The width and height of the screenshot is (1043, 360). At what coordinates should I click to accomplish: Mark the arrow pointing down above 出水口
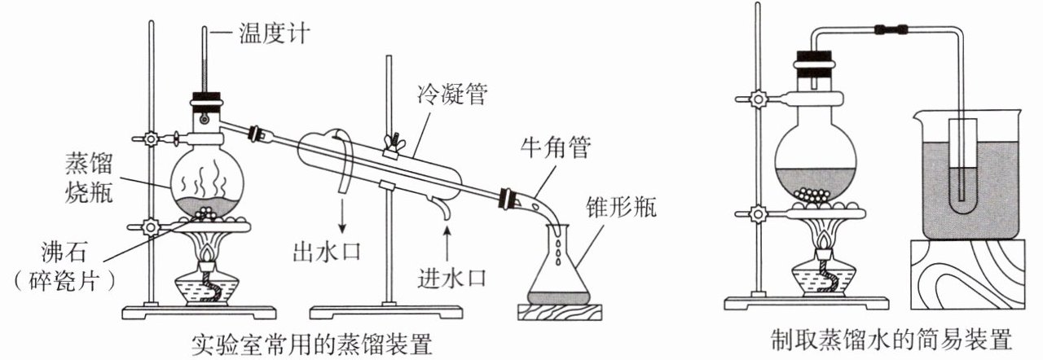342,217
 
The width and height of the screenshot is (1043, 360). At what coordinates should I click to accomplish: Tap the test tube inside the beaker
962,163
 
